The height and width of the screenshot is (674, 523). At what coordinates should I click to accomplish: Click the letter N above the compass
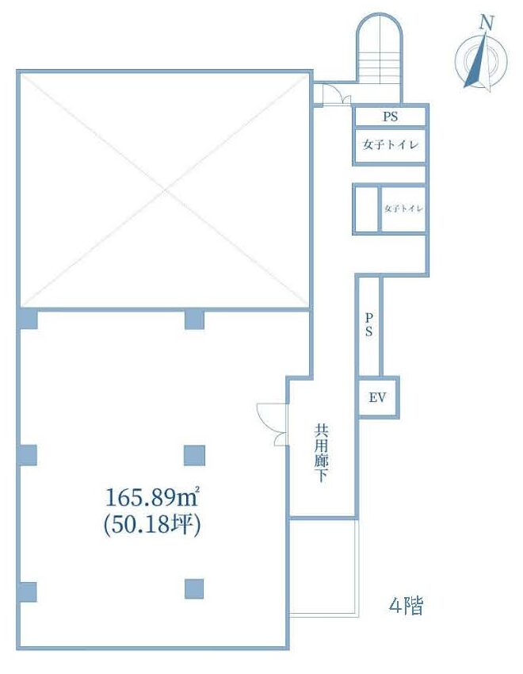coord(487,22)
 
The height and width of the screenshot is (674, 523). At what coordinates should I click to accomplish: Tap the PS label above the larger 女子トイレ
coord(391,117)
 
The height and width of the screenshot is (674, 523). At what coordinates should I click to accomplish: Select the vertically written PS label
coord(368,324)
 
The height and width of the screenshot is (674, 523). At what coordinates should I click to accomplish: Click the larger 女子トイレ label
coord(391,145)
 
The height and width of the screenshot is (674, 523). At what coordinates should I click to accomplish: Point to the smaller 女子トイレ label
coord(403,209)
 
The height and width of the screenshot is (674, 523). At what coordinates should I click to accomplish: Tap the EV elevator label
coord(377,397)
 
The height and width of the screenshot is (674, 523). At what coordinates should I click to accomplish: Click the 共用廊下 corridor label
coord(321,453)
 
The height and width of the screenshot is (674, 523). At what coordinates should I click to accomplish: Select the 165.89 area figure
coord(145,498)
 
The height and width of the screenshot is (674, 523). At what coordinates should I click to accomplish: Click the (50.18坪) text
coord(152,525)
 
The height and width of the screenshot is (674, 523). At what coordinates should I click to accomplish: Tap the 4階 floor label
coord(406,606)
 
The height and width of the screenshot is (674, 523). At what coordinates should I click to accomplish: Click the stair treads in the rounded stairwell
coord(379,63)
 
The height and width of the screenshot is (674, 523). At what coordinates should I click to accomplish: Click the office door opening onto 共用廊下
coord(273,424)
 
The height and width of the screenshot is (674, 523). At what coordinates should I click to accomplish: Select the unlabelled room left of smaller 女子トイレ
coord(366,209)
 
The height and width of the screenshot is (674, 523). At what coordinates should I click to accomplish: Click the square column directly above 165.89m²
coord(194,456)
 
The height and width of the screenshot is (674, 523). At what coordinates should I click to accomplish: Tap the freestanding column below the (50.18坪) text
coord(194,589)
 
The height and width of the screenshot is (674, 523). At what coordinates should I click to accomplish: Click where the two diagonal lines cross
coord(164,190)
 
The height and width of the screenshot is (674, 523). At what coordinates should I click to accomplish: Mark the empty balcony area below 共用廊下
coord(323,568)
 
